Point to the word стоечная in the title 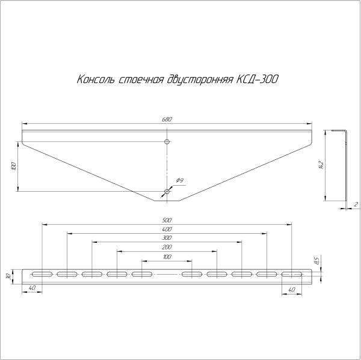click(139, 79)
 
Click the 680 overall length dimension click(167, 120)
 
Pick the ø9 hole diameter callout click(179, 180)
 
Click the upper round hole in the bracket click(167, 142)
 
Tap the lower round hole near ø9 click(167, 192)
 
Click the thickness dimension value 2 click(356, 205)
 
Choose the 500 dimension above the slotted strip click(167, 220)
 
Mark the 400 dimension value click(167, 230)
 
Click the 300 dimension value click(167, 239)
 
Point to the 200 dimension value click(167, 248)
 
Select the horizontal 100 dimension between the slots click(167, 257)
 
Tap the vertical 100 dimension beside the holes click(14, 166)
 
